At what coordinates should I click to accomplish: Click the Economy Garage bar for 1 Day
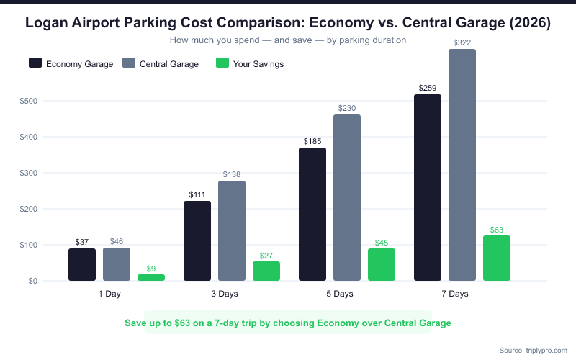(x=82, y=264)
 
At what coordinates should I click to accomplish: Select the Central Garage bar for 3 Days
(x=232, y=230)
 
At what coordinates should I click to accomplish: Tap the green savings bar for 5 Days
(x=382, y=264)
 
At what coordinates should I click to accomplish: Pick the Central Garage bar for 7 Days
(x=462, y=165)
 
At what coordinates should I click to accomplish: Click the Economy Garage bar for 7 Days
(x=428, y=187)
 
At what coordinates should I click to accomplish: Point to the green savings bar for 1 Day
(x=151, y=277)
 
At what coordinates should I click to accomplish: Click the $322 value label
(x=462, y=43)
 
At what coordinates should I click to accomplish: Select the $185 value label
(x=312, y=142)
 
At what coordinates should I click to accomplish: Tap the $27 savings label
(x=266, y=256)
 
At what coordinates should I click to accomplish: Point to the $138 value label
(x=232, y=175)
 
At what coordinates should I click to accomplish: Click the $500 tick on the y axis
(x=29, y=101)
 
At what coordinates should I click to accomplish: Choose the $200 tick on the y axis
(x=29, y=209)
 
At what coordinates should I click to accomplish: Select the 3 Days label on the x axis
(x=225, y=294)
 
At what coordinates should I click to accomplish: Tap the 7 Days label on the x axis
(x=455, y=294)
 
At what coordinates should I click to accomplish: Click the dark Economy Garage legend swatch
(x=35, y=63)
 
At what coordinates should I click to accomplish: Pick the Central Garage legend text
(x=169, y=64)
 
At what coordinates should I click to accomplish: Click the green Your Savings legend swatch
(x=222, y=63)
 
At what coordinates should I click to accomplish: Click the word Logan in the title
(x=48, y=23)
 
